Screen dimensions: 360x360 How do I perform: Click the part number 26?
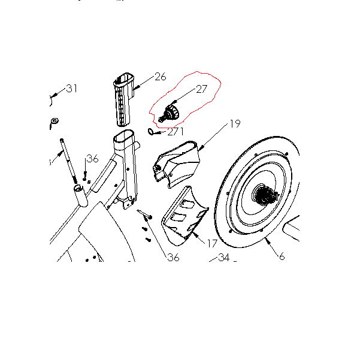161,77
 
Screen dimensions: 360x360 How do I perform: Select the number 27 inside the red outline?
202,89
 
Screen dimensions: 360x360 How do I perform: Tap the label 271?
176,132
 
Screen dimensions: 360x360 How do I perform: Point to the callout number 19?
235,124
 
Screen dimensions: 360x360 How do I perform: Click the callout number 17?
212,244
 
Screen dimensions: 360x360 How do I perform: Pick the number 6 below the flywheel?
282,256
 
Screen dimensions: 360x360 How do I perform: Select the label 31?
72,89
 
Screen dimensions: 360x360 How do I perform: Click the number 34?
224,258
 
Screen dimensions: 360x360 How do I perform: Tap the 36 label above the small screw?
92,159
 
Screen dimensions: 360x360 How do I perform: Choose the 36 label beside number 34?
173,258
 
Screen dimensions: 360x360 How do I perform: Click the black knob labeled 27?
170,113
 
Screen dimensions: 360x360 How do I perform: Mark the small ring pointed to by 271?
150,132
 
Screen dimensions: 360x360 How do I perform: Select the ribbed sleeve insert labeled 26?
123,99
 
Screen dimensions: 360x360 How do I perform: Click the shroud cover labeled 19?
176,164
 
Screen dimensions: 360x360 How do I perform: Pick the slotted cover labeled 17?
184,216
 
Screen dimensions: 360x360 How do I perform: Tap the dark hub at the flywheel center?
265,195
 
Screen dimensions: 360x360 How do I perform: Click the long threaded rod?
68,161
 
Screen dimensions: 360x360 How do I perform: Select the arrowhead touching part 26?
137,87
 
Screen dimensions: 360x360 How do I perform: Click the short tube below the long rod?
81,196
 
